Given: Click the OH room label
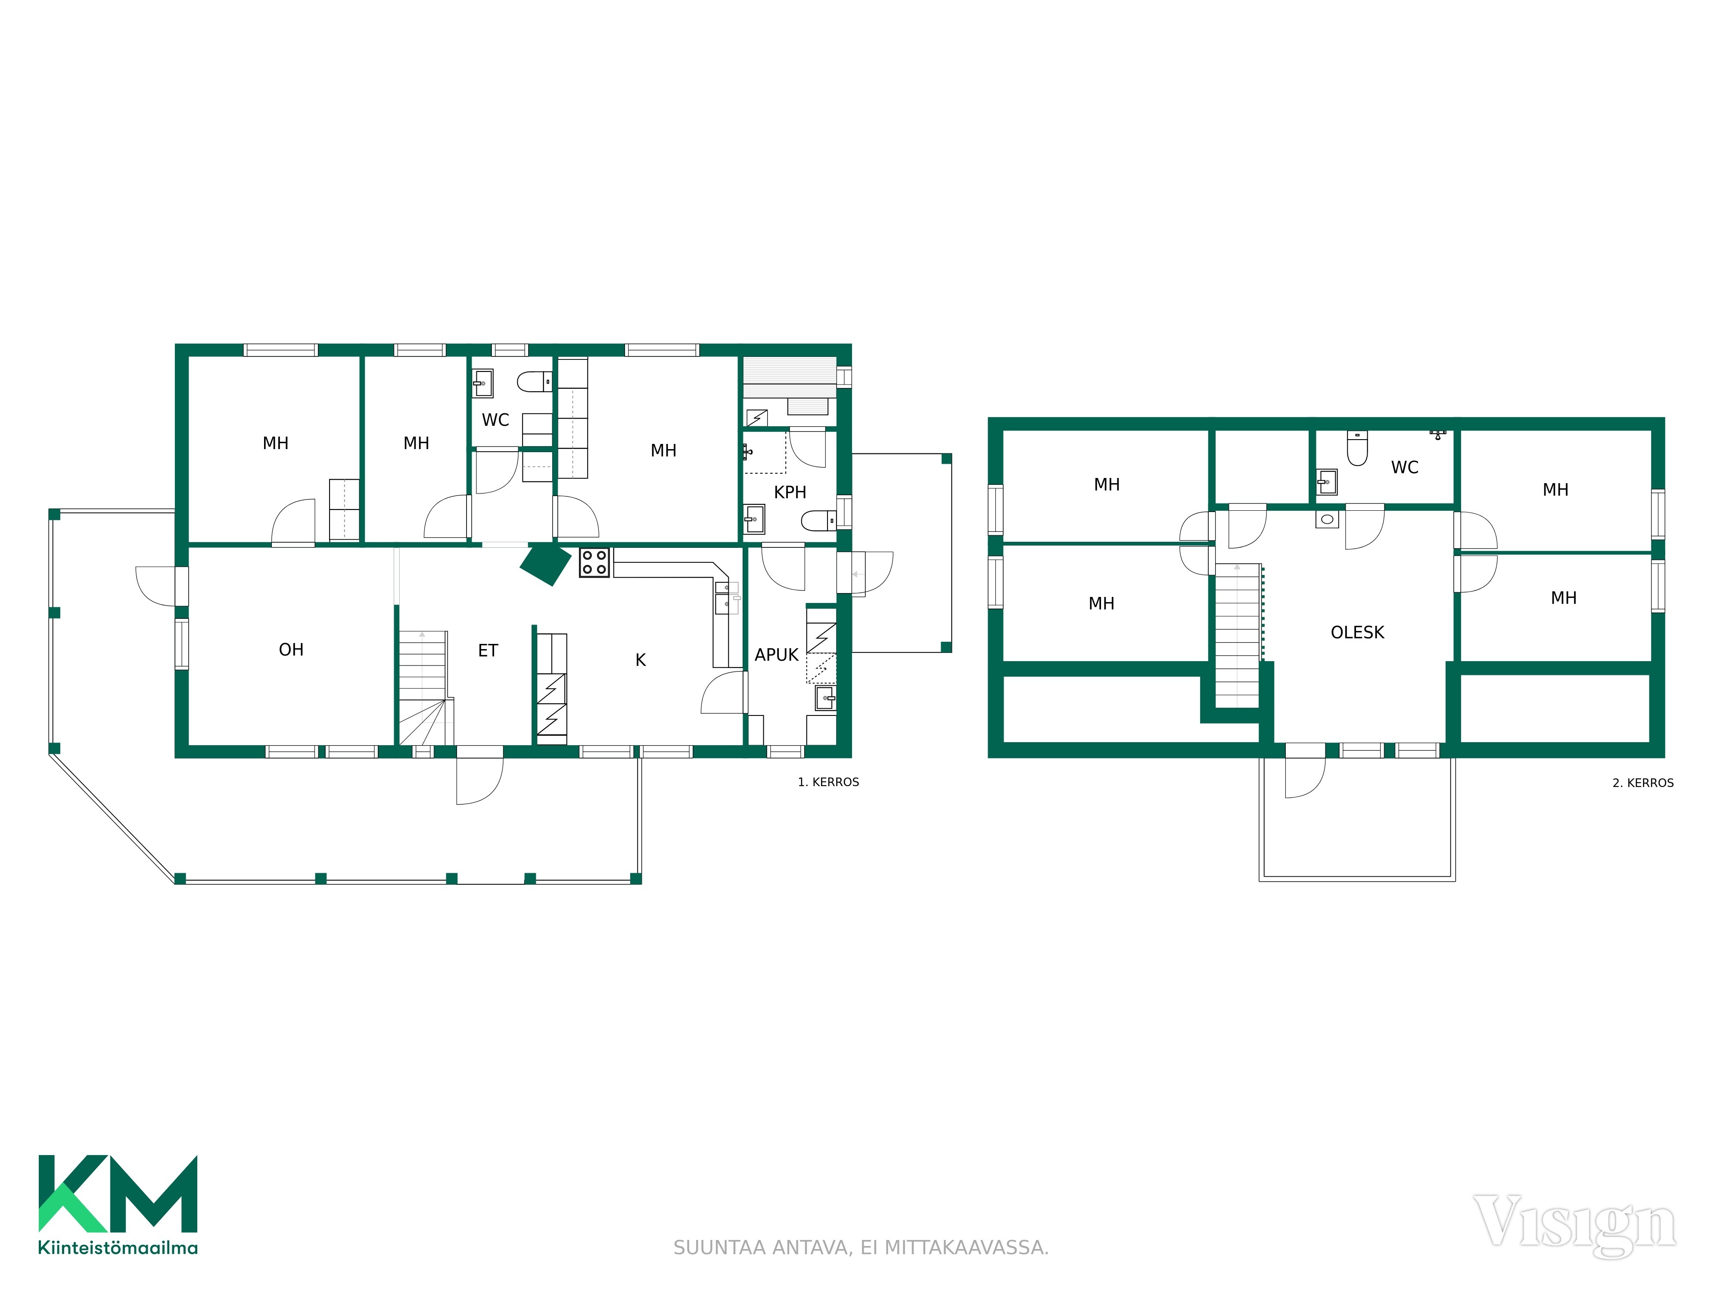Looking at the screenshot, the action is pyautogui.click(x=291, y=650).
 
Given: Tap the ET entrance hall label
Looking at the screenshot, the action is pyautogui.click(x=488, y=651).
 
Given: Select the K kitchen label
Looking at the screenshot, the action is pyautogui.click(x=640, y=660).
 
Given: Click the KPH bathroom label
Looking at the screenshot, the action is pyautogui.click(x=790, y=493).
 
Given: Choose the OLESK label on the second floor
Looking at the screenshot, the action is pyautogui.click(x=1358, y=633).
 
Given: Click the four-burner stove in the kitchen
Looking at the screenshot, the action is pyautogui.click(x=594, y=563).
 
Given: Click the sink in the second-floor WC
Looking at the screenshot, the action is pyautogui.click(x=1327, y=482).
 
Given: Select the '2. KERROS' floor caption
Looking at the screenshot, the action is pyautogui.click(x=1643, y=783).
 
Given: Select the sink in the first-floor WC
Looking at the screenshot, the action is pyautogui.click(x=483, y=384).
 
